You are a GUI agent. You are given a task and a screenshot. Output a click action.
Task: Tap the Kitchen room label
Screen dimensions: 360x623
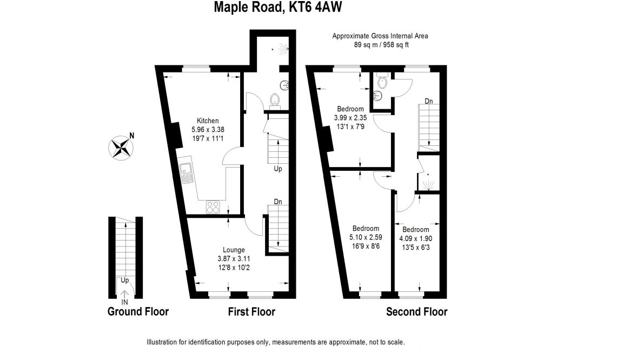point(207,121)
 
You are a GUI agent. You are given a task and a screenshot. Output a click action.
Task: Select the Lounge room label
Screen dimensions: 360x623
point(234,250)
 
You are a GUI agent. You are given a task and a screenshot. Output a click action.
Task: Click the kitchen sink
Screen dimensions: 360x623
point(187,173)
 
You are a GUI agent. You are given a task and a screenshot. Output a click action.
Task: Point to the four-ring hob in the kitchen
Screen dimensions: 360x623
point(213,206)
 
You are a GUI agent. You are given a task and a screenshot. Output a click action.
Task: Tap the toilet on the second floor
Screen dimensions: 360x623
point(383,82)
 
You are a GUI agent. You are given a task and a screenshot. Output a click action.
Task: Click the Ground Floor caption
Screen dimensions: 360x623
point(138,312)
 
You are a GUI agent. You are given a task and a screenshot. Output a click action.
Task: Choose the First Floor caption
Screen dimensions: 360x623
point(251,312)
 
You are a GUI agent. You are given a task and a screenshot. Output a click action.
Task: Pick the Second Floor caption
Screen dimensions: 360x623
point(416,312)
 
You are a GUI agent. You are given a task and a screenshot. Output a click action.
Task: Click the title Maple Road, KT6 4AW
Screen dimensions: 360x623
point(279,7)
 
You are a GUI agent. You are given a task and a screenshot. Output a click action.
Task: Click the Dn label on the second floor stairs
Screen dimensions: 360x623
point(428,101)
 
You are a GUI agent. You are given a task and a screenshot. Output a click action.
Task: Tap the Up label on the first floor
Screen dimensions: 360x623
point(278,169)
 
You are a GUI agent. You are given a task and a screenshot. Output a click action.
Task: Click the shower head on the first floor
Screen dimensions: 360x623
point(281,50)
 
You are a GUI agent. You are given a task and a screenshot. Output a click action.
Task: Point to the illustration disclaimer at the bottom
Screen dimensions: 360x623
point(276,342)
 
